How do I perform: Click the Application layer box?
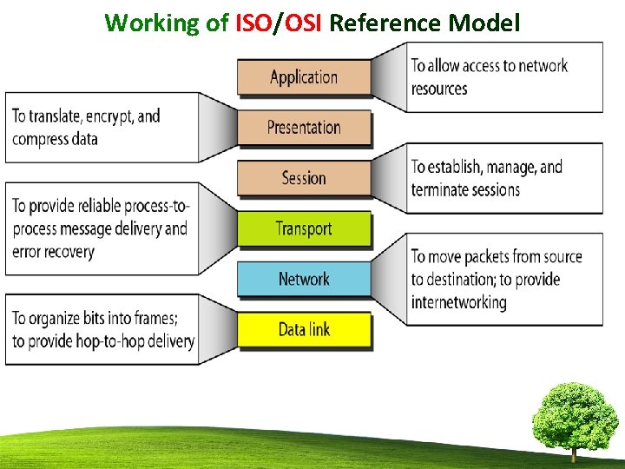coord(304,76)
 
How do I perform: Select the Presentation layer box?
coord(304,128)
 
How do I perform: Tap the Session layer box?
coord(304,178)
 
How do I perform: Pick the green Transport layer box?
coord(304,228)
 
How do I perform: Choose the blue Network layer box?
coord(304,279)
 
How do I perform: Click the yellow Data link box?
coord(304,329)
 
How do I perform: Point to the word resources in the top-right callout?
coord(439,89)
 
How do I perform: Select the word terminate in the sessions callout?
coord(442,189)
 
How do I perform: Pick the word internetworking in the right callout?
coord(458,302)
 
